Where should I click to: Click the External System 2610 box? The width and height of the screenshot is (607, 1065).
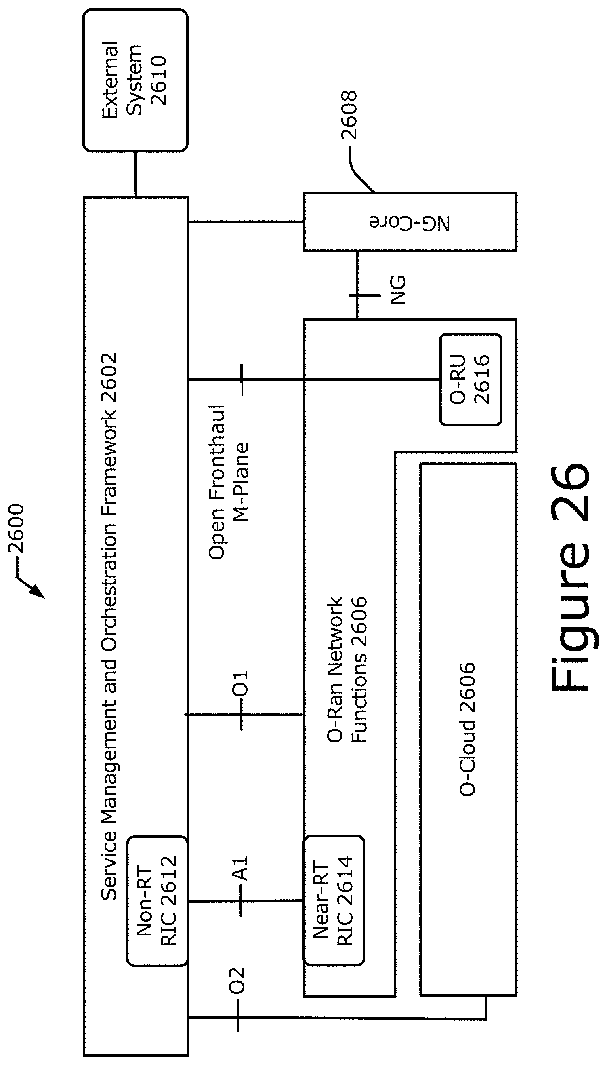[x=135, y=80]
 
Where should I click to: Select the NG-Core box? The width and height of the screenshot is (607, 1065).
[x=410, y=222]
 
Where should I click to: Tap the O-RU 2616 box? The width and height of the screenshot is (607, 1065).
[x=470, y=379]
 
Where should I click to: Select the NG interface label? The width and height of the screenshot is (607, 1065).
[x=397, y=289]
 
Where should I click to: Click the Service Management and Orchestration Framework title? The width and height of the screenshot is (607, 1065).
[x=109, y=626]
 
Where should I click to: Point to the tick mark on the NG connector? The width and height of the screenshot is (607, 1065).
[x=364, y=295]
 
